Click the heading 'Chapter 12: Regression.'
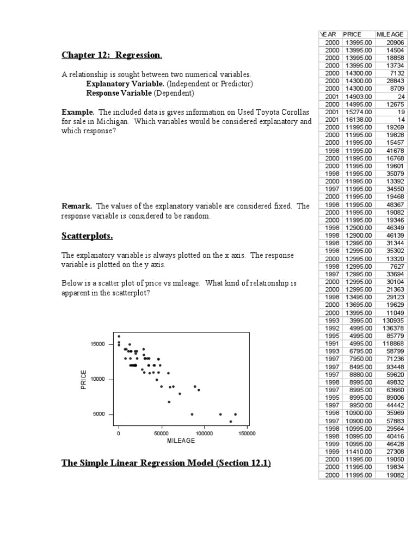[112, 55]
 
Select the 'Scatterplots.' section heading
[87, 236]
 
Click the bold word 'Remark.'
[77, 206]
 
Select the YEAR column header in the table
[329, 35]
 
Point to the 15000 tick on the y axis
[98, 344]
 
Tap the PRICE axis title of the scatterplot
[83, 379]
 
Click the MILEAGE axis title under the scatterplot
[181, 441]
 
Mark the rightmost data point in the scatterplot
[235, 414]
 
